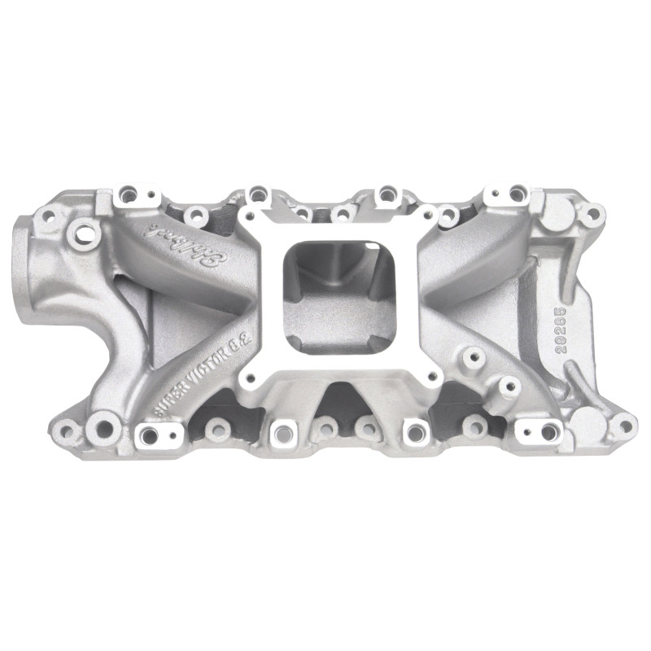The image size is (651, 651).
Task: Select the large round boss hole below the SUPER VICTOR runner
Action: pyautogui.click(x=103, y=423)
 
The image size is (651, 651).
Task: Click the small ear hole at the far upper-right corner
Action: pyautogui.click(x=593, y=213)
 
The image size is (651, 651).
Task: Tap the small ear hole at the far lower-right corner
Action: pyautogui.click(x=623, y=424)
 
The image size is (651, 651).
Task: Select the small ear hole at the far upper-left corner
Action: pyautogui.click(x=49, y=216)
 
